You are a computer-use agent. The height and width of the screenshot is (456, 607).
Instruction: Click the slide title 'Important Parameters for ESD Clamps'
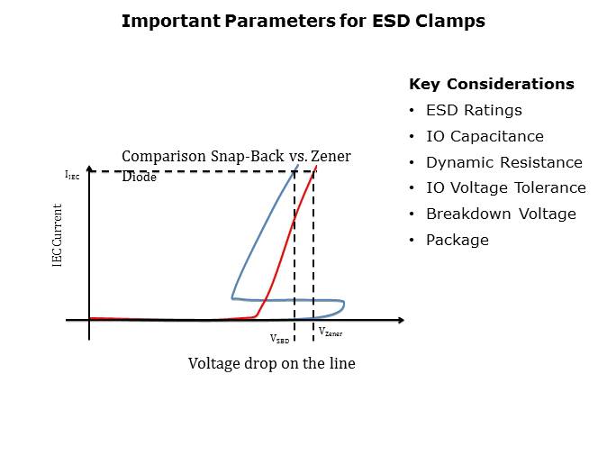tap(303, 21)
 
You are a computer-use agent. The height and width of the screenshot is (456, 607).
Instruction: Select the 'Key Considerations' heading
tap(492, 84)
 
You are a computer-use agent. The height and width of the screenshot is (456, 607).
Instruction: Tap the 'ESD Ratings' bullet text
tap(474, 110)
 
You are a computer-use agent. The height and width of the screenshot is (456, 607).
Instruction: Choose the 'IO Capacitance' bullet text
tap(485, 136)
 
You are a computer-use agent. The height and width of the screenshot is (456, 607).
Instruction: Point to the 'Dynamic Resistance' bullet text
tap(504, 162)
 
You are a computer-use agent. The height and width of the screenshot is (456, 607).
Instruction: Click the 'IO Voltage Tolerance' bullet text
tap(506, 188)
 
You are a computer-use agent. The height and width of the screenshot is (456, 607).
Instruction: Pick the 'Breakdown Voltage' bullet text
tap(501, 214)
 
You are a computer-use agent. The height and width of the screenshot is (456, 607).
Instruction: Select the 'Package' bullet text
tap(458, 241)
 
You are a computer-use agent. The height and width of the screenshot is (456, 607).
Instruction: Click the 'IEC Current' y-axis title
tap(57, 235)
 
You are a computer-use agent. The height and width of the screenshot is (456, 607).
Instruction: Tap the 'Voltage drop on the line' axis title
tap(272, 363)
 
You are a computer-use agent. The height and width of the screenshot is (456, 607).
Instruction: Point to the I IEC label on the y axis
tap(72, 175)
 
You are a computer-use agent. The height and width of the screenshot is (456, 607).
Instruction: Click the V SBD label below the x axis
tap(279, 339)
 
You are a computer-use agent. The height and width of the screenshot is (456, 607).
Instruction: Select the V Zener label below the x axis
tap(331, 332)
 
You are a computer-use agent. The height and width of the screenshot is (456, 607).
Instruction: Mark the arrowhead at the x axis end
tap(402, 320)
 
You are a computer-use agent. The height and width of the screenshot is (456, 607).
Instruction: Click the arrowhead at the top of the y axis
tap(89, 169)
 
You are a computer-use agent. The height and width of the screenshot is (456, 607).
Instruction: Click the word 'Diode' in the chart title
tap(139, 177)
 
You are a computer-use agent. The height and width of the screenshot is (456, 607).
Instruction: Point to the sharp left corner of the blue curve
tap(232, 298)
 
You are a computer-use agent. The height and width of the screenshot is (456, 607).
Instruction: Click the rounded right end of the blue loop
tap(344, 306)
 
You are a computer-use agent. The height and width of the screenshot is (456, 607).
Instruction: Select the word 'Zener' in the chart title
tap(331, 156)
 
